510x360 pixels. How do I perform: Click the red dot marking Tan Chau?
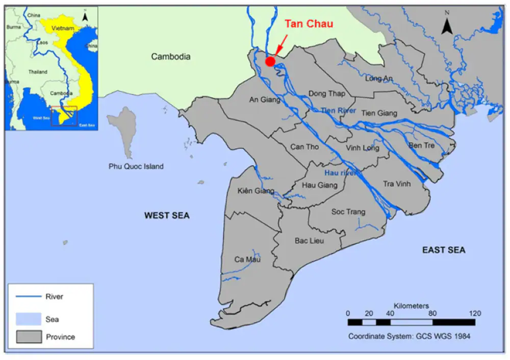click(x=270, y=61)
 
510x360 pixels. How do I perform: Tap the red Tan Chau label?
click(x=309, y=24)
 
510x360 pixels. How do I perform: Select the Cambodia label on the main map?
click(x=171, y=57)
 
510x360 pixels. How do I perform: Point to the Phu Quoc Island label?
click(x=136, y=166)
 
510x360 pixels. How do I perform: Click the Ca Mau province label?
click(x=247, y=260)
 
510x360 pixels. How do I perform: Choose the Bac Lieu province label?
click(x=310, y=240)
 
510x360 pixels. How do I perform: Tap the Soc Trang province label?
click(x=348, y=212)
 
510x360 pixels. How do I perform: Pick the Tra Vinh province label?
click(x=396, y=184)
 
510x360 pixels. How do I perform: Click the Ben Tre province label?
click(x=421, y=145)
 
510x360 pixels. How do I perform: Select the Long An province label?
click(x=379, y=78)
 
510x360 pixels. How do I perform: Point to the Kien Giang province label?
click(x=256, y=191)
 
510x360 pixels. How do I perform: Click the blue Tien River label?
click(x=338, y=110)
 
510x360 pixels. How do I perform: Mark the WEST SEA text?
click(x=167, y=216)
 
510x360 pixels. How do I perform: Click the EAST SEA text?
click(x=444, y=250)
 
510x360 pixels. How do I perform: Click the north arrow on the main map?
click(x=447, y=25)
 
